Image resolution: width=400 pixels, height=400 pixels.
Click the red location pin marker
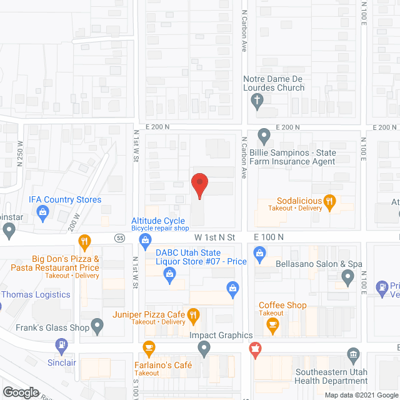(199, 185)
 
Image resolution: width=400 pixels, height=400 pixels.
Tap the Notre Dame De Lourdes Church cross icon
(256, 99)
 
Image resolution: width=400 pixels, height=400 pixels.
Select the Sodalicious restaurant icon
(331, 201)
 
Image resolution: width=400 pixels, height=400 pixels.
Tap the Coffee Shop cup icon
(272, 324)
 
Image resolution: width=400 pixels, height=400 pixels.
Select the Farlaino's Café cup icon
(149, 347)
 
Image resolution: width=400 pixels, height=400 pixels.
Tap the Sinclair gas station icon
(61, 344)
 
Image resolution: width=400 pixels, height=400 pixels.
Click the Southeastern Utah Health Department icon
(354, 355)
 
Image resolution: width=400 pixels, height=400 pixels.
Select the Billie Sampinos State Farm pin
(264, 134)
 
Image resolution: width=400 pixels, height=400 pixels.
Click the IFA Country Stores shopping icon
(43, 212)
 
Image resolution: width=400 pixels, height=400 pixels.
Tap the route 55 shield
(121, 237)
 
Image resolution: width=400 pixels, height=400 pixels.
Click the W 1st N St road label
(214, 237)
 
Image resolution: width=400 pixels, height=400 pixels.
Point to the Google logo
(21, 392)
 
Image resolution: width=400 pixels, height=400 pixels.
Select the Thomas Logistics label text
(36, 294)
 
